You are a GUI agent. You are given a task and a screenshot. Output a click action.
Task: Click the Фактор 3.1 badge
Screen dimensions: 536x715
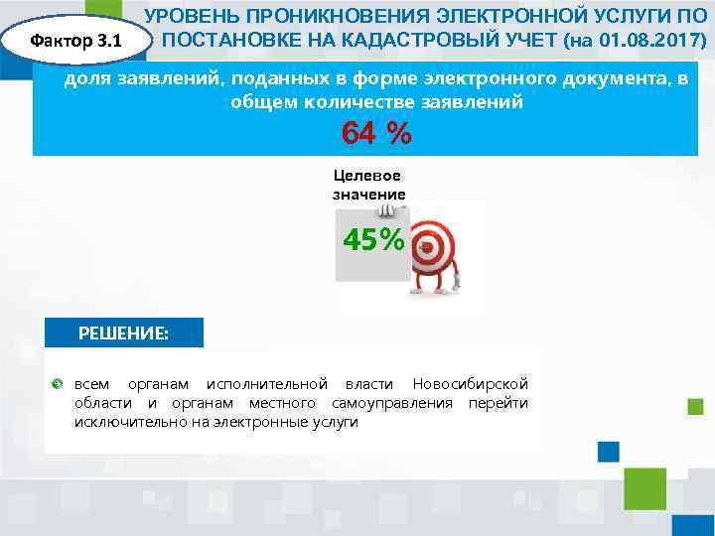tap(76, 42)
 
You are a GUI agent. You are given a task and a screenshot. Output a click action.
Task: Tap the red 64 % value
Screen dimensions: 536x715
tap(375, 133)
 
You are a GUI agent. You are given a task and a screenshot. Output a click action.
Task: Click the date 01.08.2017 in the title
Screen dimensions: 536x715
tap(646, 43)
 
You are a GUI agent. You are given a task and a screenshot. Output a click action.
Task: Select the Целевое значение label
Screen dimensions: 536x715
tap(368, 185)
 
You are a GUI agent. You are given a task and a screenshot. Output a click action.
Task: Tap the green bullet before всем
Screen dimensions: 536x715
tap(57, 384)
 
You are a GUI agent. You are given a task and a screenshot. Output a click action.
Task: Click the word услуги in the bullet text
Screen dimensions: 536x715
tap(337, 422)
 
